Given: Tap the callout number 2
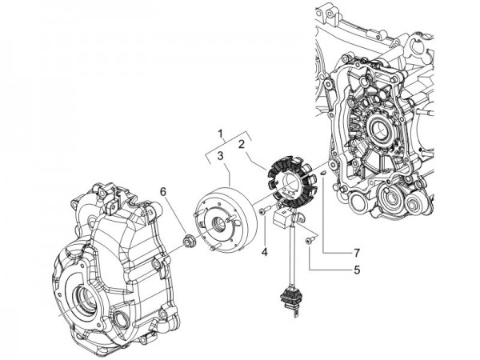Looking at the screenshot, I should pos(241,145).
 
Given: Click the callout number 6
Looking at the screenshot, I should pos(163,192).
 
